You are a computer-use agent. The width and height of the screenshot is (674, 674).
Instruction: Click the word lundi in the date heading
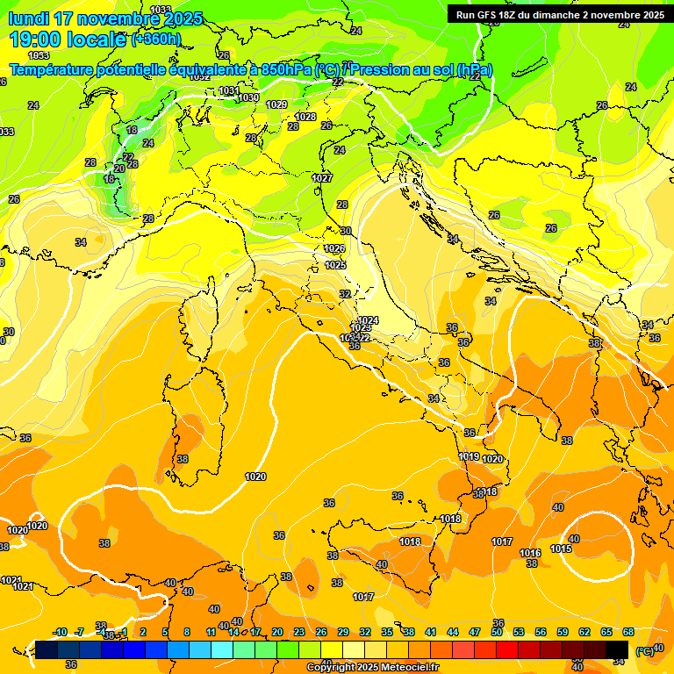(x=28, y=18)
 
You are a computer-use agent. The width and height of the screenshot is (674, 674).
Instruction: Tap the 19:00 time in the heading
(x=37, y=39)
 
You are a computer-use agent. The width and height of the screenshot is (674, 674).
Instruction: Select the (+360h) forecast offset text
(x=156, y=39)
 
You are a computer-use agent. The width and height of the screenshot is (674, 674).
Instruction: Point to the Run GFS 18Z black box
(x=559, y=15)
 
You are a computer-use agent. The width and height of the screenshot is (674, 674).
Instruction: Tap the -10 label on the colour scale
(x=61, y=633)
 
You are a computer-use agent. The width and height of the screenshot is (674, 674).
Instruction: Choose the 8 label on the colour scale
(x=187, y=633)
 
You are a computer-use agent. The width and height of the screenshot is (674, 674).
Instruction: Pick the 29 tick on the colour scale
(x=343, y=633)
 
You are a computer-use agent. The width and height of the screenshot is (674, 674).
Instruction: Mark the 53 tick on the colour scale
(x=518, y=633)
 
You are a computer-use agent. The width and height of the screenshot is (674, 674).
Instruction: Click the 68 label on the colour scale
(x=628, y=633)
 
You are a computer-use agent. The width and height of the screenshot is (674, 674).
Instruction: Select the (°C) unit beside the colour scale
(x=644, y=651)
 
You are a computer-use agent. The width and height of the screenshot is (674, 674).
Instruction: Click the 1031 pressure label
(x=229, y=90)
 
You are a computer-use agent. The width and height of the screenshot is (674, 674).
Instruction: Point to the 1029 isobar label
(x=276, y=104)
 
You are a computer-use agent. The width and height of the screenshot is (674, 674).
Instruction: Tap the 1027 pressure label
(x=322, y=178)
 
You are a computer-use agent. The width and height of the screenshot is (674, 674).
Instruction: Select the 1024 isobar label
(x=369, y=320)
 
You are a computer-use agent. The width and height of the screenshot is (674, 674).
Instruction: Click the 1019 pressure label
(x=469, y=457)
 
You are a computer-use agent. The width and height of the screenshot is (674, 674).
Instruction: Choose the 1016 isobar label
(x=529, y=553)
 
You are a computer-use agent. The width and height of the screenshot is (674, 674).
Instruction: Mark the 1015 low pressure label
(x=561, y=549)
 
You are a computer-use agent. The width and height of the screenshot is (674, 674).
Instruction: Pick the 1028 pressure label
(x=305, y=117)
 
